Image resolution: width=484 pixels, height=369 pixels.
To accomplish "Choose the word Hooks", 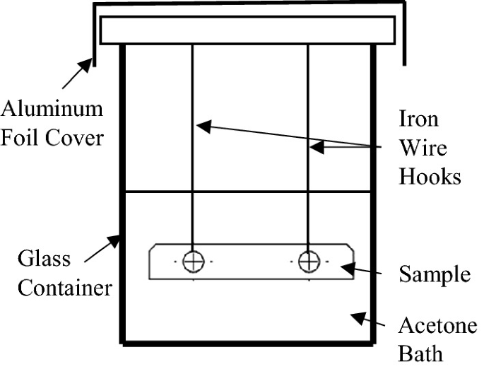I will point(430,175).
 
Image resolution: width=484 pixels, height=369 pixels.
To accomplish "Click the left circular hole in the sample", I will point(192,262).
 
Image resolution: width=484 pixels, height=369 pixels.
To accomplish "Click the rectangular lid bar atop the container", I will point(247,30).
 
